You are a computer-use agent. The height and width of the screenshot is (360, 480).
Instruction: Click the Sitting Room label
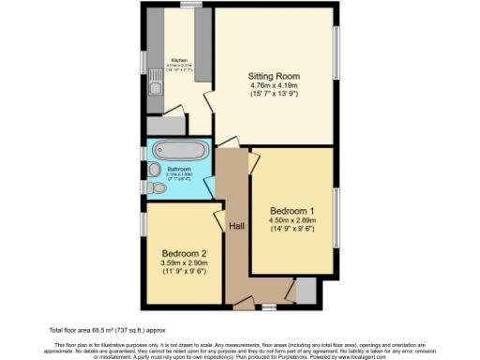click(x=272, y=75)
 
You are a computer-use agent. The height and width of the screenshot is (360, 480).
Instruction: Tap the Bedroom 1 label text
click(x=291, y=209)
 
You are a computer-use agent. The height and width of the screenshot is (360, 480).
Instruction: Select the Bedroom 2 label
click(x=183, y=253)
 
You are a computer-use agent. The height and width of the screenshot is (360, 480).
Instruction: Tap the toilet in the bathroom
click(x=157, y=188)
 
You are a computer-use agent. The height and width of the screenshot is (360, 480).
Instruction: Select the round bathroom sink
click(x=154, y=169)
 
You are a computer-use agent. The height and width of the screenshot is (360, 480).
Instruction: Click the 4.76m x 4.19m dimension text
click(x=272, y=86)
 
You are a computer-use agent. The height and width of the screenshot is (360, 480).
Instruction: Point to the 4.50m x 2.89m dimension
click(x=291, y=219)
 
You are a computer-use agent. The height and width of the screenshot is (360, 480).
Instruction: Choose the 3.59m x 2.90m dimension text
click(x=183, y=263)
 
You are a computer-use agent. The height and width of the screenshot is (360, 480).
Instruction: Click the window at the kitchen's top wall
click(x=193, y=6)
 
